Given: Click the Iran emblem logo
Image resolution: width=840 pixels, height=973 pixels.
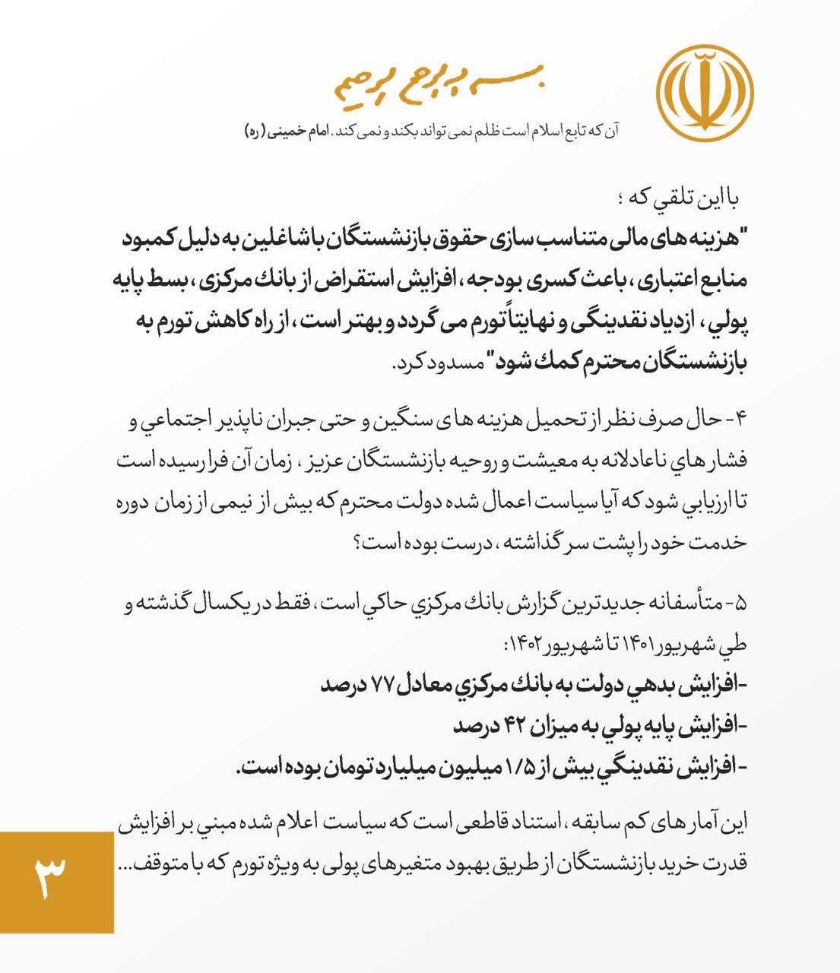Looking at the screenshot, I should point(704,93).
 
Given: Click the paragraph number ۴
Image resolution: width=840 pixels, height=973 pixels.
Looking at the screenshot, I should point(741,419).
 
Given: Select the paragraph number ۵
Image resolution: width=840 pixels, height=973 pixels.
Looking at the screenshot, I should point(741,604).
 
